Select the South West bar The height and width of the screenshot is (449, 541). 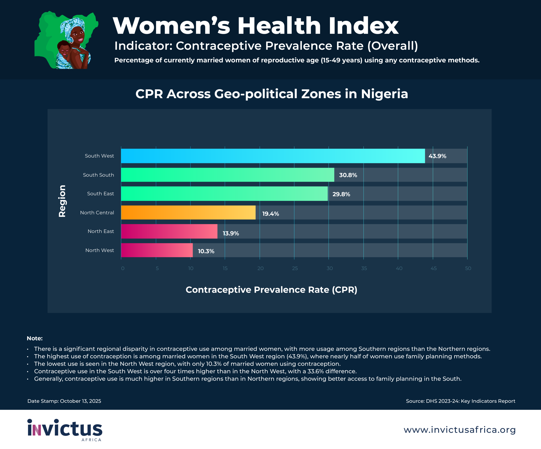click(x=273, y=156)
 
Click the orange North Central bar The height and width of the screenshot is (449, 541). click(x=188, y=213)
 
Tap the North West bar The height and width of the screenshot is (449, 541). click(x=157, y=250)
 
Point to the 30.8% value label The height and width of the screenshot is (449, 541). click(x=348, y=175)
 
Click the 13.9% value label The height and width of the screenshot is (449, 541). click(x=231, y=233)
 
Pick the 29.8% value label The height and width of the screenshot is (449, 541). click(x=341, y=194)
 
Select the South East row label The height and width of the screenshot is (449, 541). click(x=100, y=194)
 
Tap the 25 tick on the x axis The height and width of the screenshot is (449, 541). click(x=295, y=268)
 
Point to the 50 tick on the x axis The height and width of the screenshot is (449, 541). click(x=468, y=268)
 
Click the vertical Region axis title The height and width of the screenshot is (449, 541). click(x=62, y=201)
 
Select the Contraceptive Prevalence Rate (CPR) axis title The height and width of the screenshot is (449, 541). click(x=271, y=290)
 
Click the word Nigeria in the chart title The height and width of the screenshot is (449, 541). click(x=384, y=94)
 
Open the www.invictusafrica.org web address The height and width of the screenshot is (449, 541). click(x=459, y=430)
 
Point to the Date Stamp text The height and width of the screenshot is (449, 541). click(x=64, y=401)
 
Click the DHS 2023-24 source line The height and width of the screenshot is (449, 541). click(x=460, y=401)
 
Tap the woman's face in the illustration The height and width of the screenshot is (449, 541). click(x=77, y=36)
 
